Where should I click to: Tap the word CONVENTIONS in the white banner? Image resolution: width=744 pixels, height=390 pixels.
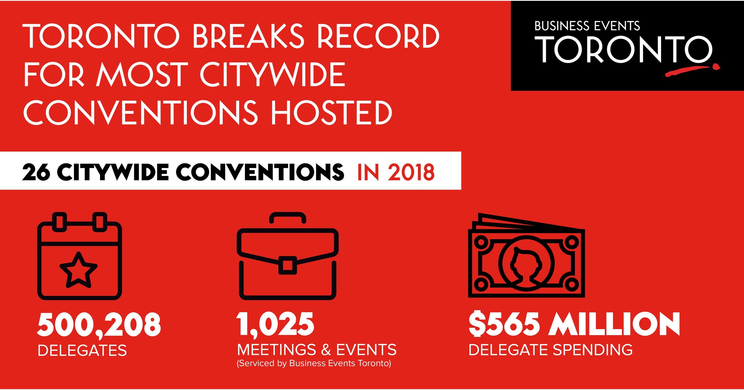[x=260, y=172]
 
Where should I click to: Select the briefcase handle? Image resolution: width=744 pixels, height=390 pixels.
[x=287, y=218]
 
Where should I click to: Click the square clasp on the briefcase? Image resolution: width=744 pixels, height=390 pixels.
[x=288, y=265]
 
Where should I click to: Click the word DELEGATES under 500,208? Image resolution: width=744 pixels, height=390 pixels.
[x=82, y=350]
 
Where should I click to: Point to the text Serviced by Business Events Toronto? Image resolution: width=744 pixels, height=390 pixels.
[x=314, y=364]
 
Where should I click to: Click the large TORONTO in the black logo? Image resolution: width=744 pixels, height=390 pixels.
[x=624, y=49]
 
